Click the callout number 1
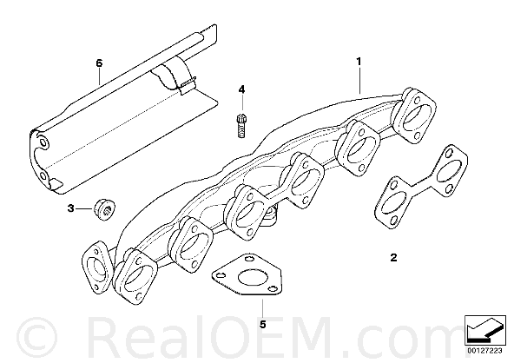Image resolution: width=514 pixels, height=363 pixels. click(359, 62)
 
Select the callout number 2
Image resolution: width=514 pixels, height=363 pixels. click(393, 257)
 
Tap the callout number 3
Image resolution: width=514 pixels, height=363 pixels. click(71, 208)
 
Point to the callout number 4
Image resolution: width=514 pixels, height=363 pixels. click(241, 89)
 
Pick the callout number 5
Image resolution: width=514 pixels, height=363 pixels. click(262, 324)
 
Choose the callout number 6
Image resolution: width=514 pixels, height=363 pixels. click(99, 63)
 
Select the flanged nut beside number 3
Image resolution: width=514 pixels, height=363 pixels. click(104, 209)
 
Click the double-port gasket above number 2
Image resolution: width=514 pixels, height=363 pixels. click(420, 186)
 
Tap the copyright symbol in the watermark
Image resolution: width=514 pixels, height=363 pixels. click(36, 337)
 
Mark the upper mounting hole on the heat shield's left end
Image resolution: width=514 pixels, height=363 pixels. click(43, 142)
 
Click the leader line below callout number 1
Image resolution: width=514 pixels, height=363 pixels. click(360, 80)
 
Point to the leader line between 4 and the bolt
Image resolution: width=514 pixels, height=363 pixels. click(242, 102)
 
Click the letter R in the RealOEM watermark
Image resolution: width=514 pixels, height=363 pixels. click(104, 337)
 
